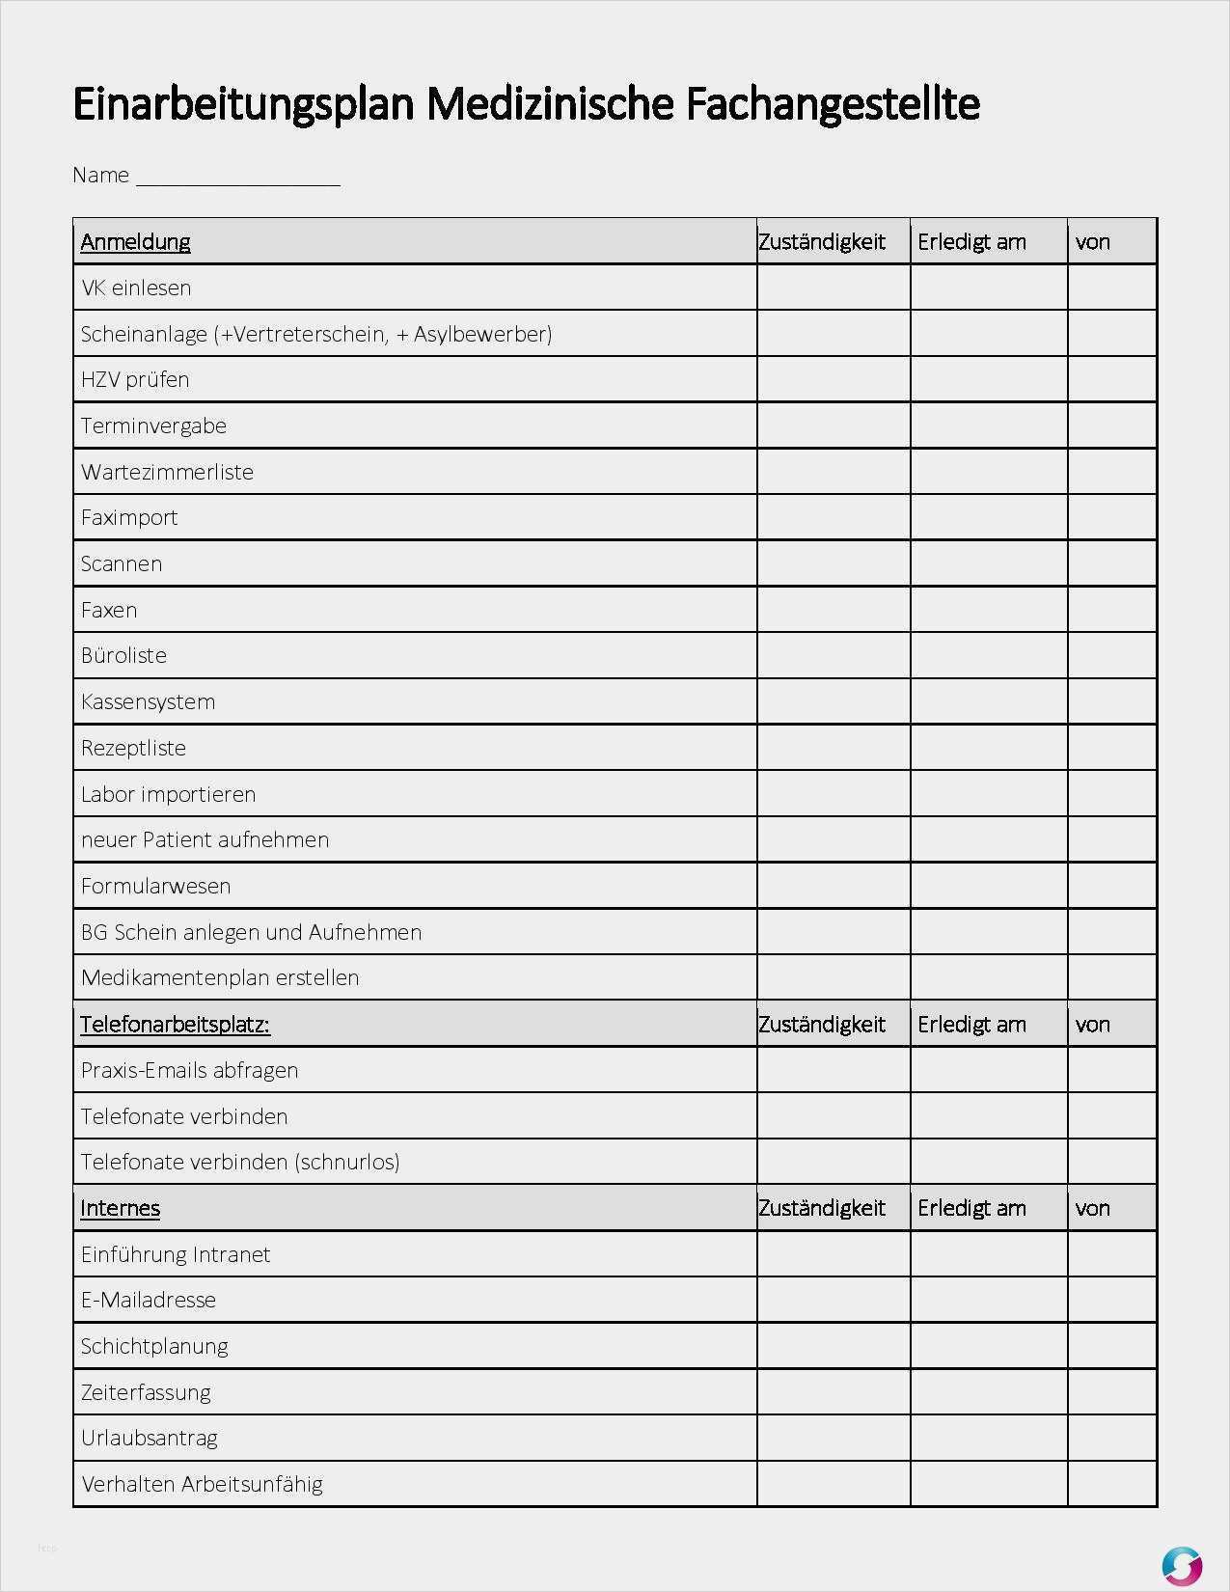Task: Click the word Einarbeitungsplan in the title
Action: pos(247,104)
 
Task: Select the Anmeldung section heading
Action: pos(135,241)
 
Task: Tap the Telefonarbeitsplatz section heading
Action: pos(175,1024)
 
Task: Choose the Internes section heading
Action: pos(120,1208)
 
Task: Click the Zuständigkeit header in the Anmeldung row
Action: pos(822,241)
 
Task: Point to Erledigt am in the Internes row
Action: pos(971,1208)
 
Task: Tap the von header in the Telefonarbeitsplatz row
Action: pos(1093,1024)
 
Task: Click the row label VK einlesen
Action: pos(136,288)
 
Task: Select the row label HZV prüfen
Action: pos(135,379)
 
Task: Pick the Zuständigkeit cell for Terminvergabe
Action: pos(834,425)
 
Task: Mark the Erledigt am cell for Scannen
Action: pos(989,563)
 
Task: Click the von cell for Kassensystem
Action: pos(1111,701)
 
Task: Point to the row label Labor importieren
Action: pos(168,794)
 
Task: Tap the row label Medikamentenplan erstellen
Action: pos(220,977)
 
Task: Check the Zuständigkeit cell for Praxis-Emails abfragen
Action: pos(834,1070)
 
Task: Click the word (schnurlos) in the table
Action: pos(349,1162)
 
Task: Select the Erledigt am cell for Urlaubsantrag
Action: pos(989,1438)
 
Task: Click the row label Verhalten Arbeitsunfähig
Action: pos(202,1484)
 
